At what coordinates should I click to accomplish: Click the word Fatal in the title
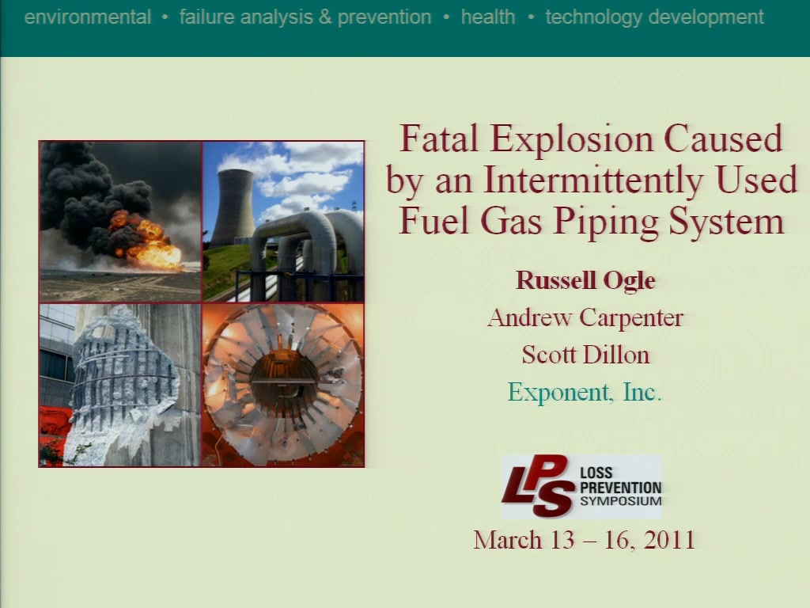[440, 139]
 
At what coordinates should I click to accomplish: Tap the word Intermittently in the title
[593, 180]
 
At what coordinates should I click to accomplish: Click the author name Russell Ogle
[585, 281]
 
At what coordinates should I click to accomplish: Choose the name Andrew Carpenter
[585, 317]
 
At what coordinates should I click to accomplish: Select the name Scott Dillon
[585, 355]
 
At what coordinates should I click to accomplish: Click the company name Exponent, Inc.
[585, 392]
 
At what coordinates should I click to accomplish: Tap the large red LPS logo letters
[537, 486]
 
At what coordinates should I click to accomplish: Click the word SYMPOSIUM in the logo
[620, 501]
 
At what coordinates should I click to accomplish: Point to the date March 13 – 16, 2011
[585, 540]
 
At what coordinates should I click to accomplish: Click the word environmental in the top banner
[88, 17]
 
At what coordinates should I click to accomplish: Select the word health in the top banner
[488, 17]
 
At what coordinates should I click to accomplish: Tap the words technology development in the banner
[654, 17]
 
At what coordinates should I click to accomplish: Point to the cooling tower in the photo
[233, 207]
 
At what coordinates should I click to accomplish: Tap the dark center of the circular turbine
[284, 382]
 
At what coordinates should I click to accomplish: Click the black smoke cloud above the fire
[93, 192]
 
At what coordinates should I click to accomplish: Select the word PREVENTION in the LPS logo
[620, 488]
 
